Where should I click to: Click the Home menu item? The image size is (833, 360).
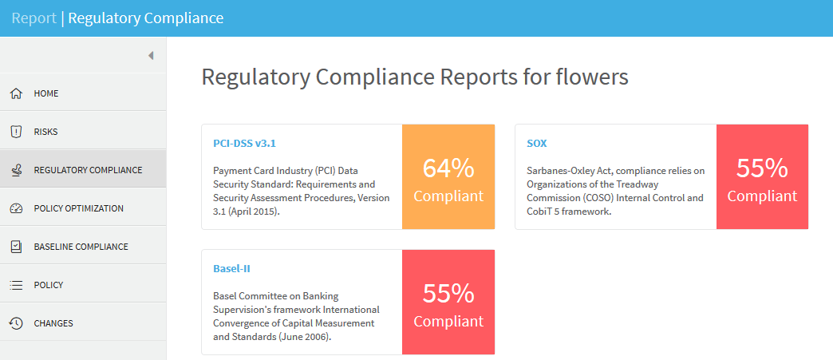click(x=46, y=93)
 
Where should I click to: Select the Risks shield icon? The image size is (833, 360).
click(x=16, y=132)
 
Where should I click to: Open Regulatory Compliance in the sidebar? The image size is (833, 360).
click(x=88, y=170)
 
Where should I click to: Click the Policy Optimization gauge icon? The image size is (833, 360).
click(x=16, y=208)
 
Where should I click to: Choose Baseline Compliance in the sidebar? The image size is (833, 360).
click(x=81, y=247)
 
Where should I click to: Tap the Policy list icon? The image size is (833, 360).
click(x=16, y=285)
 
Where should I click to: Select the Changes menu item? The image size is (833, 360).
click(x=53, y=323)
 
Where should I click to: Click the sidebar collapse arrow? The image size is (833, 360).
click(x=150, y=55)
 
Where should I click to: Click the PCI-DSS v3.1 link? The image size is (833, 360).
click(x=245, y=144)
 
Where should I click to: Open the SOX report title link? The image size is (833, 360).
click(x=537, y=144)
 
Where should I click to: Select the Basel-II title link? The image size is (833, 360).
click(x=232, y=269)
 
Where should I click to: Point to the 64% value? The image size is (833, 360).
click(x=448, y=168)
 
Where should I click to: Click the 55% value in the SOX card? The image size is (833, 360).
click(x=762, y=168)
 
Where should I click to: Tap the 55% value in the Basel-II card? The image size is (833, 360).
click(x=448, y=294)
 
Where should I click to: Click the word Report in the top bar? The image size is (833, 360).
click(x=34, y=18)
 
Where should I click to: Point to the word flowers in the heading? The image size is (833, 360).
click(x=594, y=77)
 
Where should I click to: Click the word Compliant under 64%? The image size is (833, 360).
click(x=448, y=196)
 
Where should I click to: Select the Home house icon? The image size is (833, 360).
click(x=16, y=93)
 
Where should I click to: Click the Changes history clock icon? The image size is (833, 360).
click(x=16, y=323)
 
